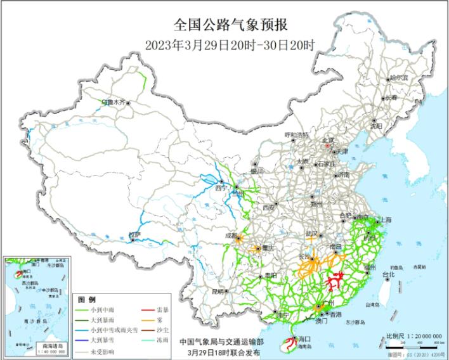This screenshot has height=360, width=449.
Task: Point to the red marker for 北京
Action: (327, 145)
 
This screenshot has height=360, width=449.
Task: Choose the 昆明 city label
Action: (218, 292)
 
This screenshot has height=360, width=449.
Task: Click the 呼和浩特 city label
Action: (296, 135)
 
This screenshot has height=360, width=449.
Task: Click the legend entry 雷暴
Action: (162, 311)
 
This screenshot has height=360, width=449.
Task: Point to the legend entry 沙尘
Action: (162, 331)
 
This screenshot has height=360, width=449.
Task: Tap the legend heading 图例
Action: (86, 299)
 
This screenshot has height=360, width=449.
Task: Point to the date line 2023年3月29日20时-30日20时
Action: (230, 44)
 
